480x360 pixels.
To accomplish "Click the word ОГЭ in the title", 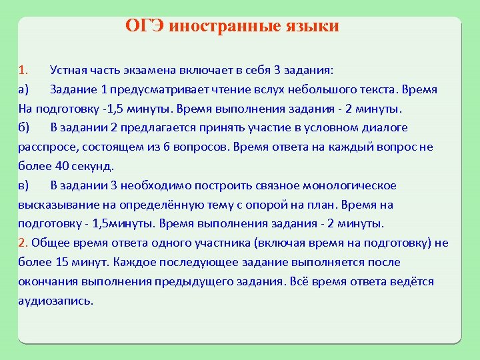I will (145, 26).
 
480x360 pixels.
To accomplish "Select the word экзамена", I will (148, 70).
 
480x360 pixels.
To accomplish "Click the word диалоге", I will (383, 127).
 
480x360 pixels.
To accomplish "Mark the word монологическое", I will (350, 185).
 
